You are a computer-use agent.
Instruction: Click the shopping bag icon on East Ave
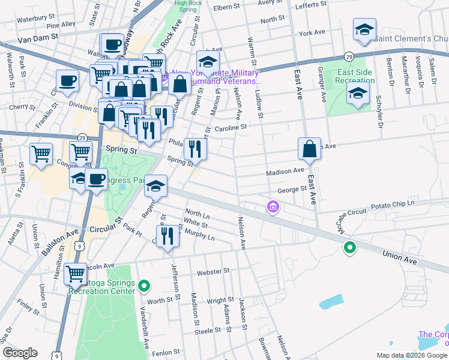309,149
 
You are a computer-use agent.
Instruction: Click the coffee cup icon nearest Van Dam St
112,44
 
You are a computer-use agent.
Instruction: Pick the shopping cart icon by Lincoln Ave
75,274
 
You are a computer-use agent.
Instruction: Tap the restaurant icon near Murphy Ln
167,235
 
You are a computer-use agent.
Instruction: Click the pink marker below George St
273,208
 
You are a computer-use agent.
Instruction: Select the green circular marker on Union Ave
349,247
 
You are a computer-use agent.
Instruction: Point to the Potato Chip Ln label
393,203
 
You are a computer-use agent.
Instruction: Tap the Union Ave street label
399,258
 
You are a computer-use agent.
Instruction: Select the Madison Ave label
285,171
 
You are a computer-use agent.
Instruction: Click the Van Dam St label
38,37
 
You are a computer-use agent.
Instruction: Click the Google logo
20,352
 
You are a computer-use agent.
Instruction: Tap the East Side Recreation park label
355,76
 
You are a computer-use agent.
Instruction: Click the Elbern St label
227,8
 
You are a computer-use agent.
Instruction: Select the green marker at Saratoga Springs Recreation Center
144,286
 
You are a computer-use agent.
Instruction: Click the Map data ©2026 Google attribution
411,355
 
